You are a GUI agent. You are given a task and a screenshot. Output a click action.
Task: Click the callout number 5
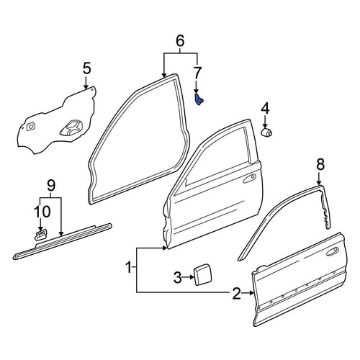click(x=87, y=68)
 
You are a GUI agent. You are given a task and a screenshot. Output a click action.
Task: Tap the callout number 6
click(x=180, y=41)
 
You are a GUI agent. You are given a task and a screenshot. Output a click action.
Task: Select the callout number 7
click(x=197, y=73)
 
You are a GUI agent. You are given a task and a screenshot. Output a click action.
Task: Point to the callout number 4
click(x=265, y=109)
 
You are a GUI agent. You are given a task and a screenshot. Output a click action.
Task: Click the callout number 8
click(x=320, y=164)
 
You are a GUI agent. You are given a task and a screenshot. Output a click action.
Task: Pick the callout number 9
click(x=51, y=185)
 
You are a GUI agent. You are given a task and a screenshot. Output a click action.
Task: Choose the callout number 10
click(x=42, y=212)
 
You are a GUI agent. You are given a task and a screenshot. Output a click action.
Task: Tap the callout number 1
click(x=129, y=267)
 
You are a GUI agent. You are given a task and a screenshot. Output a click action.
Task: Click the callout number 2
click(x=236, y=293)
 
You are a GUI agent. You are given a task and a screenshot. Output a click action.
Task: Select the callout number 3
click(x=178, y=278)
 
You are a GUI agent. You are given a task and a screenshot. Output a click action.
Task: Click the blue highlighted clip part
click(x=199, y=99)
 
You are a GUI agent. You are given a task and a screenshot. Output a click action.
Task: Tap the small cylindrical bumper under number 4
click(x=266, y=132)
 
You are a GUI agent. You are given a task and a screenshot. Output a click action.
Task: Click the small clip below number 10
click(x=40, y=235)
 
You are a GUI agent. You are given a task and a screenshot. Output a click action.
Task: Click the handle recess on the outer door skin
click(x=332, y=252)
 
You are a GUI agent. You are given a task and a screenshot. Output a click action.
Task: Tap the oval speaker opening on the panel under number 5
click(x=71, y=127)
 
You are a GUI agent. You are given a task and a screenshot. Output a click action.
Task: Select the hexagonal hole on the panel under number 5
click(x=30, y=126)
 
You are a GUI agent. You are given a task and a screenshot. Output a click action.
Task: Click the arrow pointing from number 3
click(x=188, y=277)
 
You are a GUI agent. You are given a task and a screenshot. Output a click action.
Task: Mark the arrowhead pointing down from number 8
click(x=319, y=183)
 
